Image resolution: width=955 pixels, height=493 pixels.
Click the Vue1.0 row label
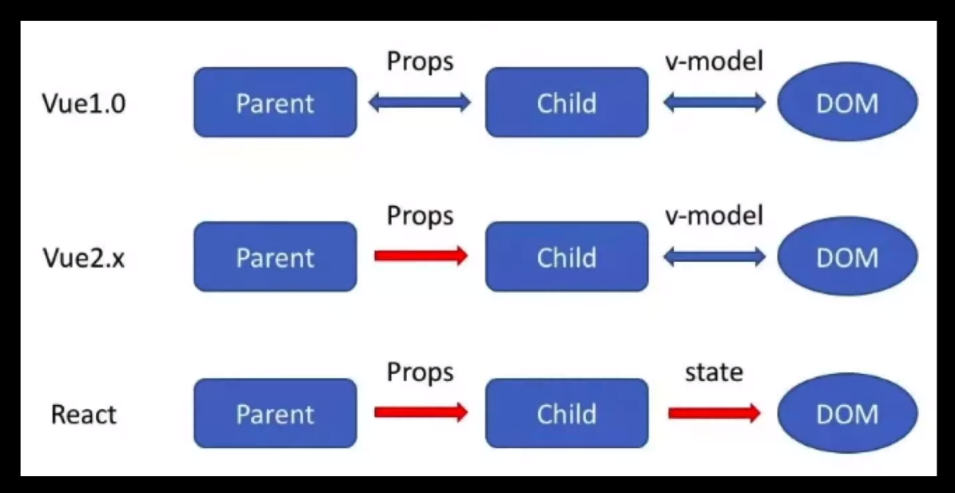click(x=84, y=103)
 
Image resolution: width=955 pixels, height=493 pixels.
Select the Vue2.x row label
click(x=83, y=258)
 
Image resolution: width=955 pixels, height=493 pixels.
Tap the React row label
click(x=83, y=415)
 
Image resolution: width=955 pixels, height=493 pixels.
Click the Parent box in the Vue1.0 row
click(x=275, y=102)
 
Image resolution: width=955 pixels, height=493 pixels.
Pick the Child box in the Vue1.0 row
click(x=567, y=102)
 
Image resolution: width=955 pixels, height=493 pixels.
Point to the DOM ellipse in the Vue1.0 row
click(x=847, y=102)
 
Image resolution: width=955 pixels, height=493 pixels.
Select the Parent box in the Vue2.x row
click(x=275, y=256)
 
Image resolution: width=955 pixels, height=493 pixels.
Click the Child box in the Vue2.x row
click(x=567, y=256)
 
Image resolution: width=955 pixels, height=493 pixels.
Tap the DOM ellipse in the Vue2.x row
click(x=847, y=256)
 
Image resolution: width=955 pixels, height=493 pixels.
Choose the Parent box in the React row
click(x=275, y=413)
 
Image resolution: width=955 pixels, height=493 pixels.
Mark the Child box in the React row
click(x=567, y=413)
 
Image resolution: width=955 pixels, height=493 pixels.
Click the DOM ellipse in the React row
click(x=847, y=413)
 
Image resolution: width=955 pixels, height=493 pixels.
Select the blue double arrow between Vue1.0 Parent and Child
click(x=420, y=103)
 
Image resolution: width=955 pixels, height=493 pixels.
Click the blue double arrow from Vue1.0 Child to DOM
click(x=714, y=103)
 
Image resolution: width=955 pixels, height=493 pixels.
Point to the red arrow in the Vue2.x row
click(x=421, y=256)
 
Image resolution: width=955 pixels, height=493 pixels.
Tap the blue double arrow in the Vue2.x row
click(x=714, y=257)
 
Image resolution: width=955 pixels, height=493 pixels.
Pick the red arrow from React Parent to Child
click(x=421, y=412)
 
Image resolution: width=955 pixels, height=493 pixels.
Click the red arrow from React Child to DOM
click(x=714, y=413)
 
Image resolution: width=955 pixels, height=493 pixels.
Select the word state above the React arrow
click(x=714, y=372)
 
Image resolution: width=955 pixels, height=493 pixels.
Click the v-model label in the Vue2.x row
click(x=713, y=216)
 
